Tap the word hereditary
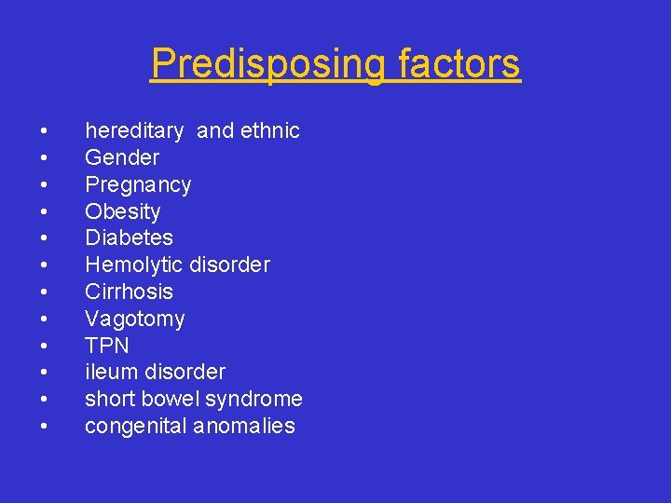[x=137, y=130]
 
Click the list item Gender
[x=122, y=157]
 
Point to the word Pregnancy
[x=138, y=184]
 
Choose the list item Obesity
[x=123, y=211]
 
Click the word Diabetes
[x=129, y=238]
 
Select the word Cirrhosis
[x=129, y=292]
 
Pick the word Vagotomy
[x=135, y=319]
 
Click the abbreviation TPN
[x=107, y=346]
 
